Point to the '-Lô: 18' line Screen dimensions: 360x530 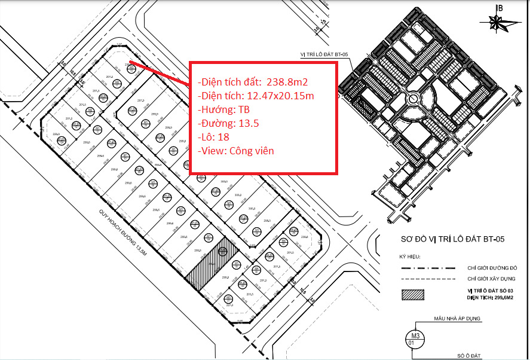click(215, 137)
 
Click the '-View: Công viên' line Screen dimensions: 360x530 click(235, 151)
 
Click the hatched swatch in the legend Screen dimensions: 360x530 click(413, 294)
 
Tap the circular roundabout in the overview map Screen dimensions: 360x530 click(412, 99)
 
